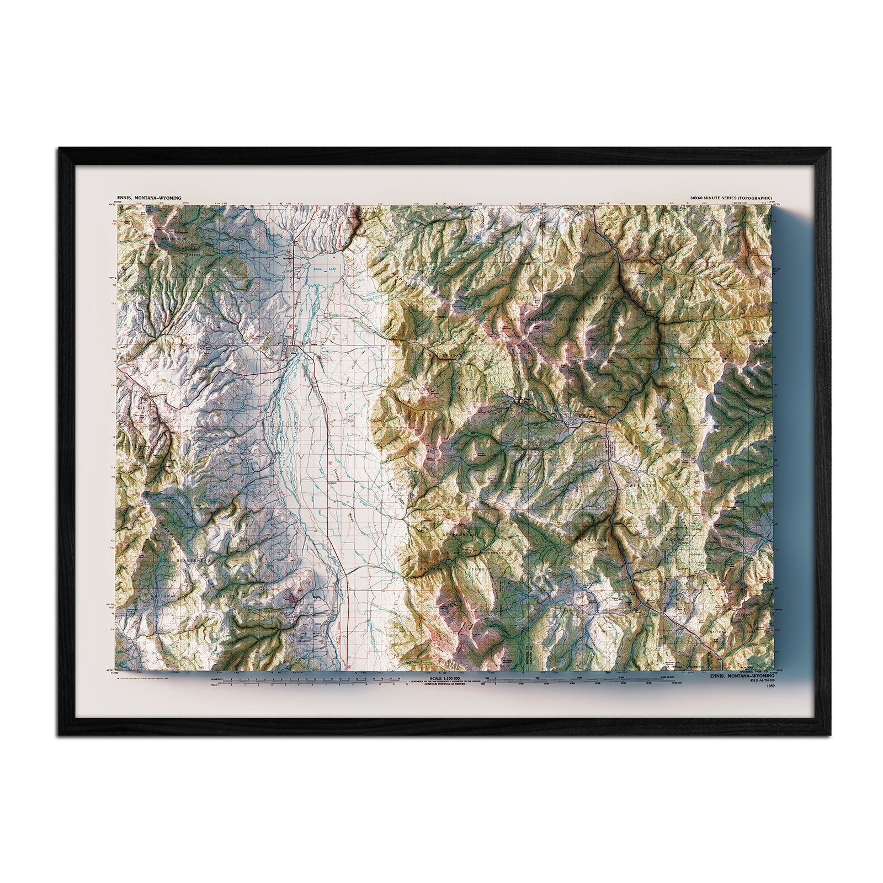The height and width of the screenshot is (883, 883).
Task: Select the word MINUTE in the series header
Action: click(716, 197)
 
